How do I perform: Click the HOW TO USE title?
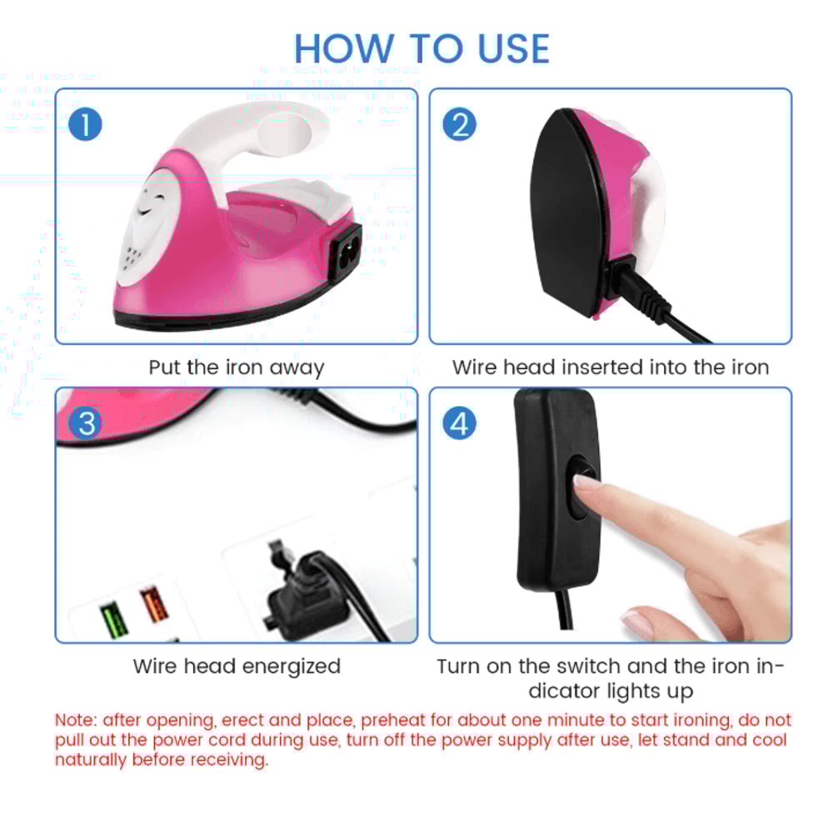pyautogui.click(x=421, y=48)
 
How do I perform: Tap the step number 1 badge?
pyautogui.click(x=86, y=126)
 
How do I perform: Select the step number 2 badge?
pyautogui.click(x=460, y=126)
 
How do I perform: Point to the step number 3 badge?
pyautogui.click(x=86, y=424)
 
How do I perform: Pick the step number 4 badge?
pyautogui.click(x=460, y=424)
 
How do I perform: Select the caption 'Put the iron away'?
pyautogui.click(x=236, y=367)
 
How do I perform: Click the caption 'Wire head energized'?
pyautogui.click(x=237, y=666)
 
